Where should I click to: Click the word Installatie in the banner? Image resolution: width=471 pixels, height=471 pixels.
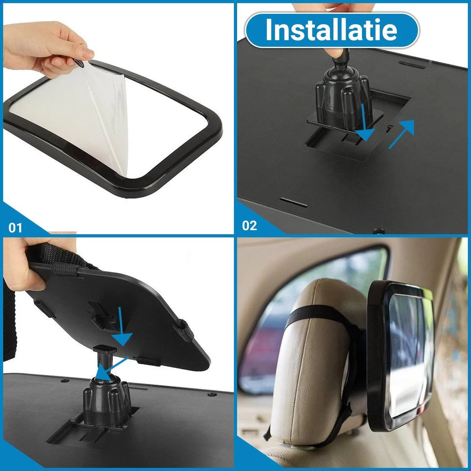coord(331,30)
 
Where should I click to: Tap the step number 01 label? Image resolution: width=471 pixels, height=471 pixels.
coord(15,228)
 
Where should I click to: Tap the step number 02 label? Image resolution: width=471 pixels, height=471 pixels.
coord(249,226)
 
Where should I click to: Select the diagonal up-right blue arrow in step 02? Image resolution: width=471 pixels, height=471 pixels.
coord(402,134)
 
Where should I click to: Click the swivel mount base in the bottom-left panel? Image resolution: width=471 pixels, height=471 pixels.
coord(106,396)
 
